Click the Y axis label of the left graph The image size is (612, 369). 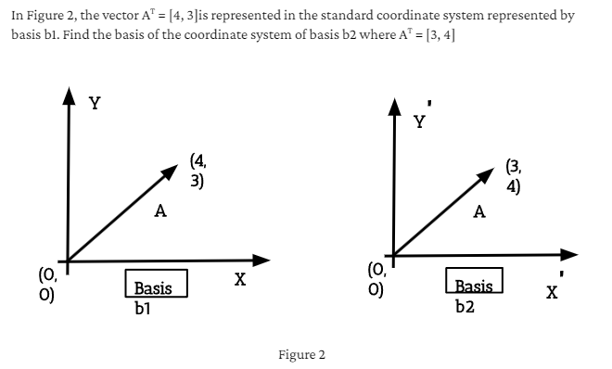click(95, 104)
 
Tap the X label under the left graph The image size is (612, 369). click(239, 278)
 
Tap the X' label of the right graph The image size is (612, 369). click(552, 292)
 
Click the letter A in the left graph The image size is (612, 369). click(160, 212)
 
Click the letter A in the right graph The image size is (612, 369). click(479, 211)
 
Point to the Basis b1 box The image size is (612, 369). click(156, 284)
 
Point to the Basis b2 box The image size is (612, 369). click(474, 283)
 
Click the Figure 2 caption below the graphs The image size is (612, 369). click(301, 355)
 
